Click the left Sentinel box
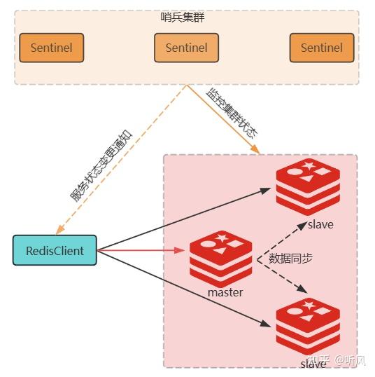pyautogui.click(x=51, y=48)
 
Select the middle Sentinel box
pyautogui.click(x=186, y=48)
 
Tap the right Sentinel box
pyautogui.click(x=322, y=48)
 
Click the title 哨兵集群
pyautogui.click(x=186, y=17)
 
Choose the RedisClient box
pyautogui.click(x=55, y=250)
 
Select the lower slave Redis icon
pyautogui.click(x=308, y=327)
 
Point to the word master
pyautogui.click(x=225, y=292)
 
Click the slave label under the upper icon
pyautogui.click(x=320, y=224)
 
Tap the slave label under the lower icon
pyautogui.click(x=313, y=364)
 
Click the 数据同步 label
pyautogui.click(x=291, y=258)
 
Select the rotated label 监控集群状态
pyautogui.click(x=232, y=112)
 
